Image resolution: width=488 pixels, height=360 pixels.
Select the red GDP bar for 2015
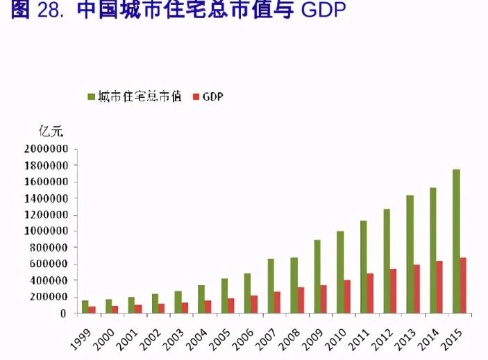click(463, 286)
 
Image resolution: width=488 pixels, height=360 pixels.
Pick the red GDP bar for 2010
click(347, 297)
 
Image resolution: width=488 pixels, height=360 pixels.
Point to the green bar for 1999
click(85, 307)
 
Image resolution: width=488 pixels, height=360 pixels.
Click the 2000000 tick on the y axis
click(47, 148)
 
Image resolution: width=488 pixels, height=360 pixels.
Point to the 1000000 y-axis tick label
click(47, 231)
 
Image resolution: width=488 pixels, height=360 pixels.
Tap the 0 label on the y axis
click(65, 314)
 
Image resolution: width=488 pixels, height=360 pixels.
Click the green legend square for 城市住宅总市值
click(91, 97)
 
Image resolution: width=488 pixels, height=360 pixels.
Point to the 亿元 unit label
click(51, 131)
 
